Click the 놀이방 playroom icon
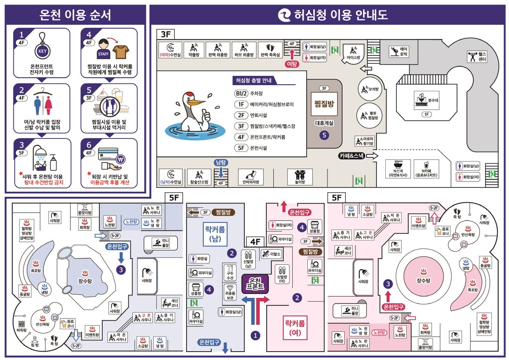point(299,177)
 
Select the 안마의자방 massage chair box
point(251,177)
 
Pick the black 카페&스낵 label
point(352,156)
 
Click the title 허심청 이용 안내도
point(334,15)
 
